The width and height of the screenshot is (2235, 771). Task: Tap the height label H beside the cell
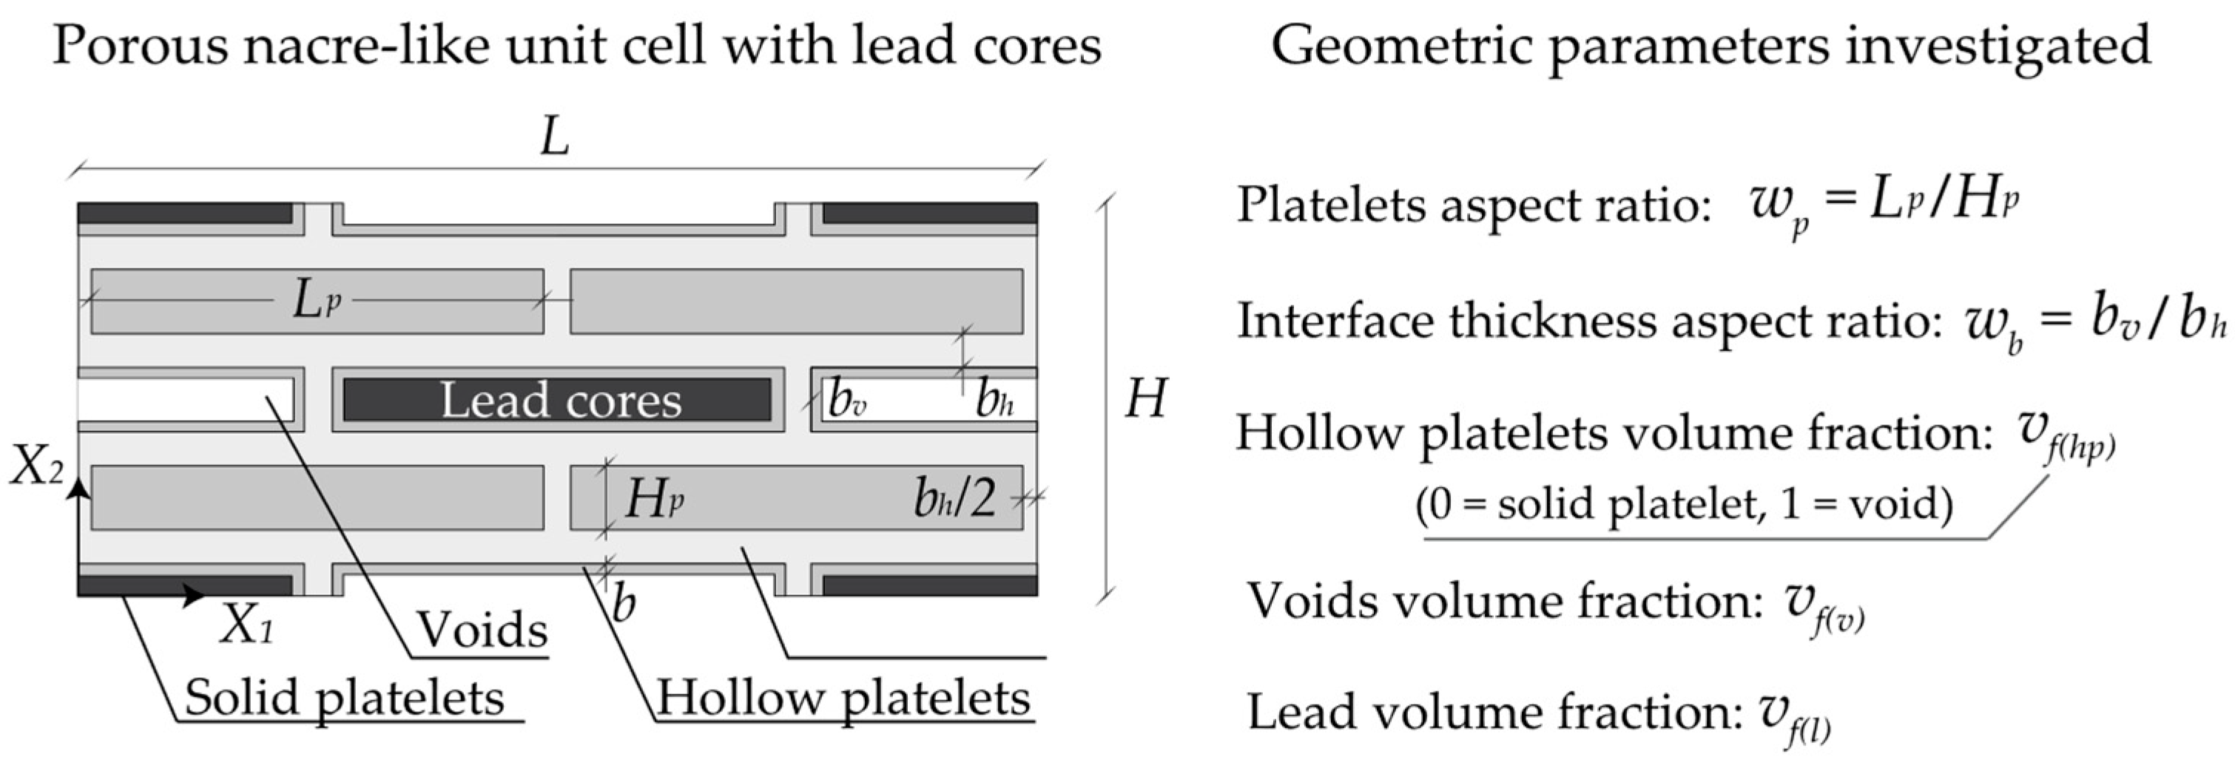pos(1145,400)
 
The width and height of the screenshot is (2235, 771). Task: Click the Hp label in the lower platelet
pos(653,499)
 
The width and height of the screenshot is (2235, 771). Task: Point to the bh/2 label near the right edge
pos(954,499)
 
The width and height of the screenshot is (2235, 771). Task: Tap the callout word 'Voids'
pos(482,630)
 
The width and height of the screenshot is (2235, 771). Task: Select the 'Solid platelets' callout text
pos(345,698)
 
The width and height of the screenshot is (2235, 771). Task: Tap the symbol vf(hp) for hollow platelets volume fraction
pos(2065,438)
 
